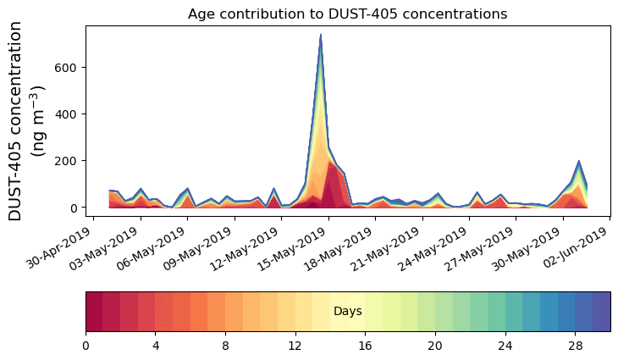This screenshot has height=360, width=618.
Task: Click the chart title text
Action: click(347, 14)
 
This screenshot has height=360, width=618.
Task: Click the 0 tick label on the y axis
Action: click(74, 208)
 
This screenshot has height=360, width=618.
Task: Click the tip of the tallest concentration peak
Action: click(321, 35)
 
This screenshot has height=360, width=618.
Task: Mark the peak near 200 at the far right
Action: click(578, 161)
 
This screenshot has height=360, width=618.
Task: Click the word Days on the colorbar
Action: click(348, 312)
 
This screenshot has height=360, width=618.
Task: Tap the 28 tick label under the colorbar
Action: click(575, 346)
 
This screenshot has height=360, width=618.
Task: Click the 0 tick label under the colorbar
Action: click(86, 346)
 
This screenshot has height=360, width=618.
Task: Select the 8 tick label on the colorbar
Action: click(225, 346)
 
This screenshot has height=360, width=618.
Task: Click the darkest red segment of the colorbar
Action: click(94, 311)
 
